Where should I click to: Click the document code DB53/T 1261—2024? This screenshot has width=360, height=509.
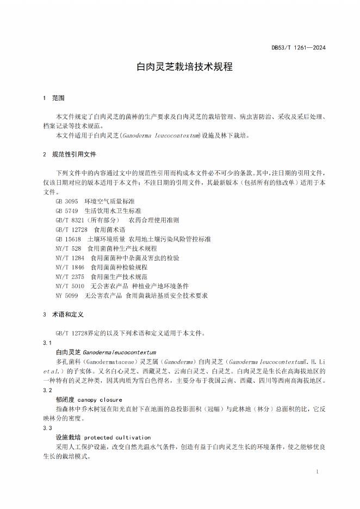pos(299,48)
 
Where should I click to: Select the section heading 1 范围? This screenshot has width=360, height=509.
pos(53,98)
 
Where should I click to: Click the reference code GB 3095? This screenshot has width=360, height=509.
pos(67,201)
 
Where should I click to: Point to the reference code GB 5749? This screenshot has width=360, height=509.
pos(67,210)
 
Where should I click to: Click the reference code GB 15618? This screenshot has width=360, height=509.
pos(69,239)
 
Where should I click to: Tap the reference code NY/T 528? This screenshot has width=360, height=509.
pos(69,249)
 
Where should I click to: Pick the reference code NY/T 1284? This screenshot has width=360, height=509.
pos(70,258)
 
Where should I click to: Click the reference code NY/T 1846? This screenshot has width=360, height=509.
pos(70,267)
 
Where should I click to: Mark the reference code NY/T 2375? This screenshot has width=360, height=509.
pos(70,277)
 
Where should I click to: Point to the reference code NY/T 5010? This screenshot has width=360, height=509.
pos(70,286)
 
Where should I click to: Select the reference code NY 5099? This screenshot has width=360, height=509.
pos(67,295)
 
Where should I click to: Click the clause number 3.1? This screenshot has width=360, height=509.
pos(47,343)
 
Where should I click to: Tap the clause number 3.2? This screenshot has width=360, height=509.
pos(47,390)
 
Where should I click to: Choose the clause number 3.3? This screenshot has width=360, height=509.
pos(47,428)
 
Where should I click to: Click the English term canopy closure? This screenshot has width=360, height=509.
pos(103,400)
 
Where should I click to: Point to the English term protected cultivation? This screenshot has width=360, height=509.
pos(117,437)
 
